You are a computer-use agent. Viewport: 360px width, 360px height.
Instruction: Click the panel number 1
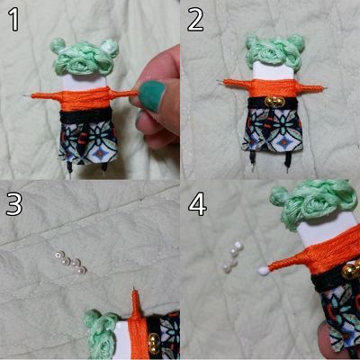tap(14, 20)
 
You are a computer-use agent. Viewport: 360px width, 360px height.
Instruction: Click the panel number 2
tap(195, 20)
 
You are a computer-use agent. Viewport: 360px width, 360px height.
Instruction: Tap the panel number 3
tap(14, 204)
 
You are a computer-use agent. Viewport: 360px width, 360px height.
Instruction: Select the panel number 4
tap(197, 204)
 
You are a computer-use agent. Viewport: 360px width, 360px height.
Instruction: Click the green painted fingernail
tap(152, 95)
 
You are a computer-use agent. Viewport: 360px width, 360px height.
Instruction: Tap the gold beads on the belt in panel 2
tap(274, 103)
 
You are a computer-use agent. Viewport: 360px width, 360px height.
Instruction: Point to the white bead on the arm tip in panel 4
tap(264, 271)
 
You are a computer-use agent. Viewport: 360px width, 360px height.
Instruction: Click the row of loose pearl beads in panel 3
tap(71, 263)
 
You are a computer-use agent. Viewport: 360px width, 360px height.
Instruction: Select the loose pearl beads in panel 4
tap(233, 257)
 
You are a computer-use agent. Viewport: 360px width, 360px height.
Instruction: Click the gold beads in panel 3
tap(154, 343)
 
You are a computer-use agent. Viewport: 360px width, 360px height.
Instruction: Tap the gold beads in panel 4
tap(352, 270)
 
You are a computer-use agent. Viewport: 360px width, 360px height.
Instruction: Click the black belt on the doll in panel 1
tap(86, 116)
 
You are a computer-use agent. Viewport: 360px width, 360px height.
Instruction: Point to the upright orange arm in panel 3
tap(136, 303)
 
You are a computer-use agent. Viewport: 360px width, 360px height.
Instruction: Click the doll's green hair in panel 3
tap(102, 333)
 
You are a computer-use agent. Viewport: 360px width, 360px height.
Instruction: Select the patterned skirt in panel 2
tap(272, 130)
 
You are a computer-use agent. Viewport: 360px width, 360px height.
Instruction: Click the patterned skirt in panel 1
tap(88, 142)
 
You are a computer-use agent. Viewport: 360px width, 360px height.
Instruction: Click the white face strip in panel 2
tap(273, 71)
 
